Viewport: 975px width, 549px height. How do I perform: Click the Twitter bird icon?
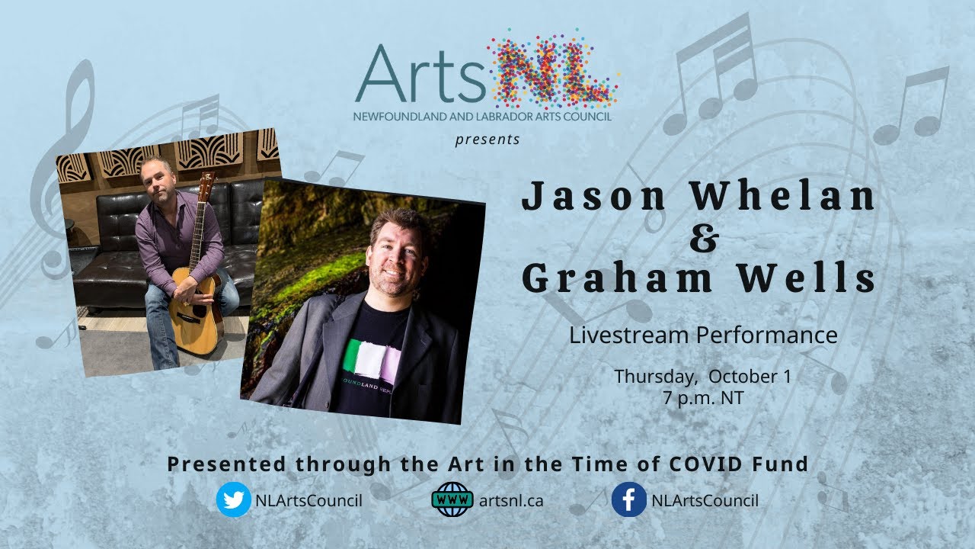[234, 500]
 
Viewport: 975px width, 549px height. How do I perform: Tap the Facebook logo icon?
[629, 500]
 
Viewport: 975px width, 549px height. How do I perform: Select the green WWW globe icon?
[452, 500]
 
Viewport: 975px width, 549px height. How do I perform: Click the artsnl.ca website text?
[511, 501]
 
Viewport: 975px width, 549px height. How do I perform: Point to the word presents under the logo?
[487, 140]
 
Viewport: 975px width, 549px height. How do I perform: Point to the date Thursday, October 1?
[702, 377]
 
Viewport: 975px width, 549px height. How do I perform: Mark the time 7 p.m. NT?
[702, 396]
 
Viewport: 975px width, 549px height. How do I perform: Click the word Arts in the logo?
[420, 74]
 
